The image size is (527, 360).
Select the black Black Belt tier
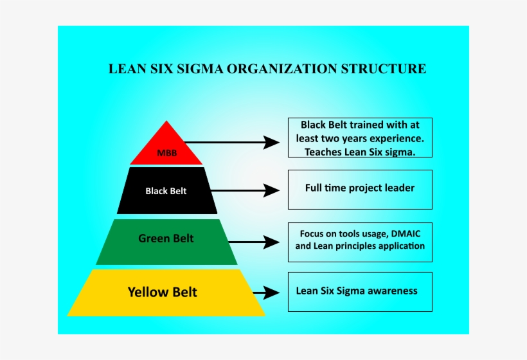[x=166, y=191]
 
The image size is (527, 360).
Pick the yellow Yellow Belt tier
[x=166, y=292]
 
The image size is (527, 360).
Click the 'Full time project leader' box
[x=359, y=189]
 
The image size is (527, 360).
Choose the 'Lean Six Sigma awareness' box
[x=359, y=291]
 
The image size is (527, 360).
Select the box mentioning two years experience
[x=359, y=138]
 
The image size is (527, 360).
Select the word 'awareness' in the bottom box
[x=393, y=291]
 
